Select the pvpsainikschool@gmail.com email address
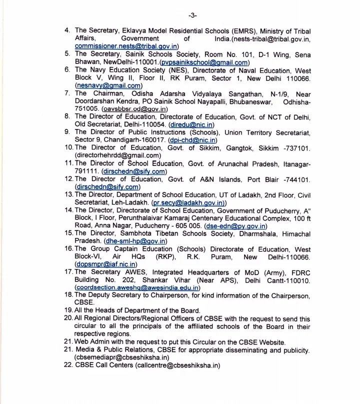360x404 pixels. click(x=204, y=62)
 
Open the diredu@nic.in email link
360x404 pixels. click(x=192, y=124)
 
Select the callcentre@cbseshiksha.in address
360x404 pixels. click(x=177, y=365)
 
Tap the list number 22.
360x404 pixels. click(x=68, y=365)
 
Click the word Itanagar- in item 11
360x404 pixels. click(x=294, y=163)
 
